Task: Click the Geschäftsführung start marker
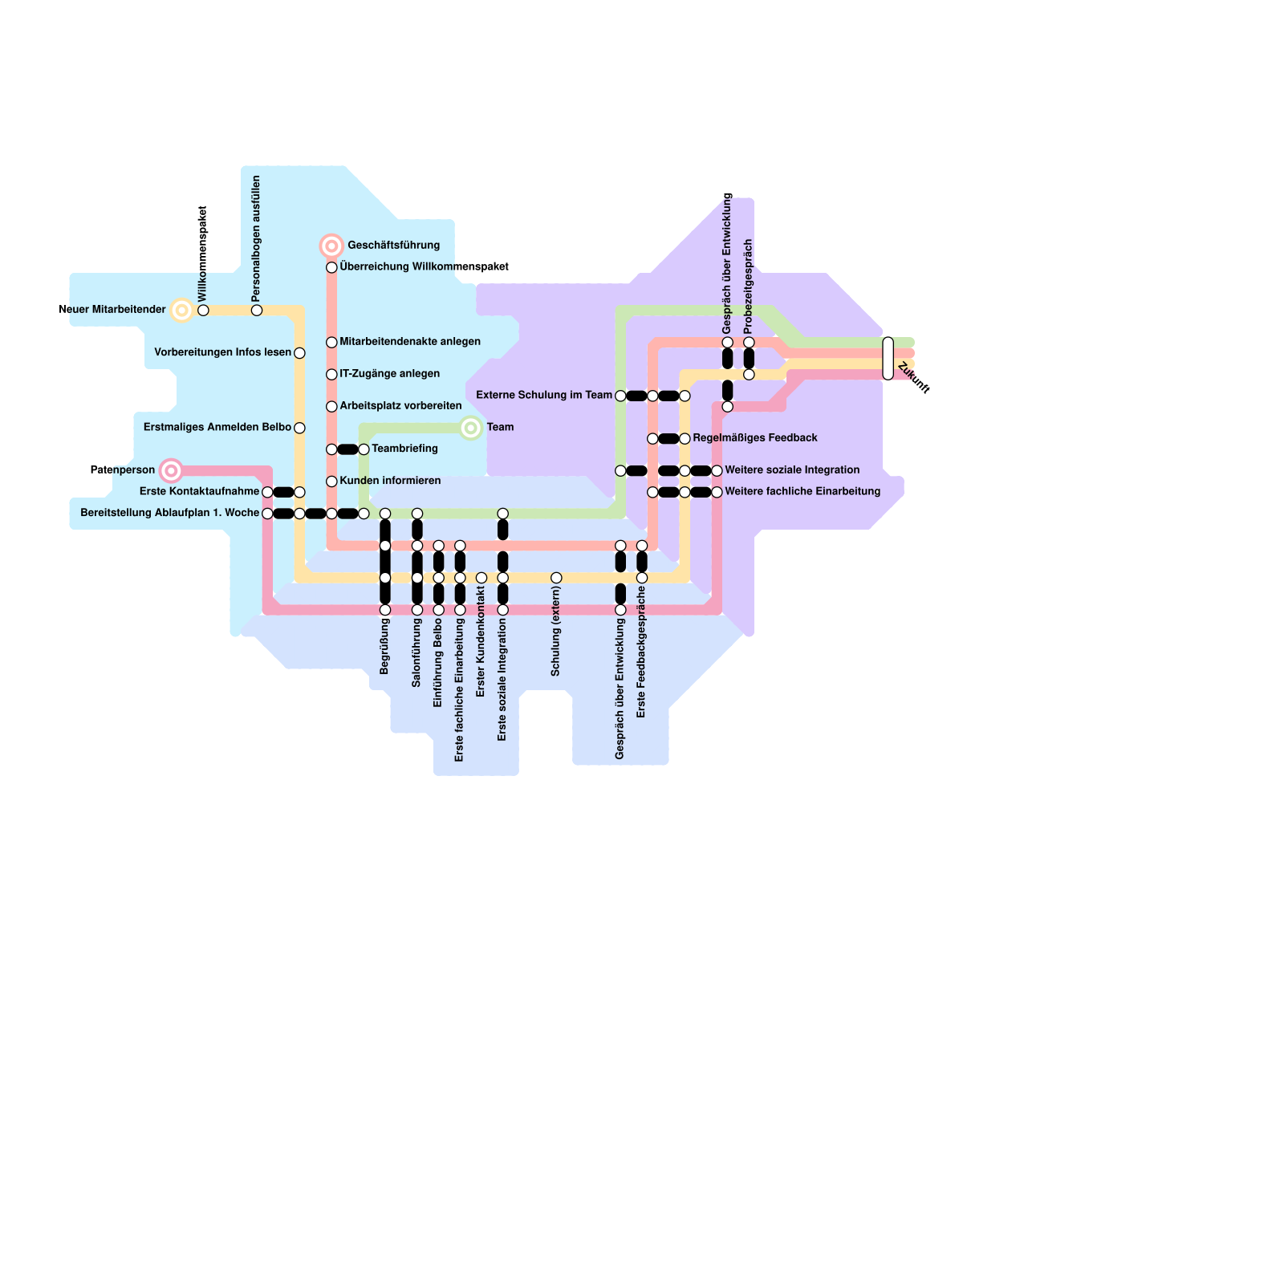[331, 246]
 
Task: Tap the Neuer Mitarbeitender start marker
[182, 311]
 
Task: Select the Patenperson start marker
[170, 470]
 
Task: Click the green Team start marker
[471, 428]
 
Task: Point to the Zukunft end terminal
[888, 358]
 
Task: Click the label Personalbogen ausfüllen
[256, 239]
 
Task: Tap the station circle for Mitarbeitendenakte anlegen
[331, 343]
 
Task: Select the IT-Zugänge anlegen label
[389, 374]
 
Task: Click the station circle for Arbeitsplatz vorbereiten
[331, 407]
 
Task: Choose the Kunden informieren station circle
[331, 481]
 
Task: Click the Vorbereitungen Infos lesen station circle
[299, 353]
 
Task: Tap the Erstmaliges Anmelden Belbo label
[217, 428]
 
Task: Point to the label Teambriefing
[404, 449]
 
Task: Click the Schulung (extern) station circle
[556, 578]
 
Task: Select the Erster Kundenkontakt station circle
[481, 578]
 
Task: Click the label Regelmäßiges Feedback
[754, 438]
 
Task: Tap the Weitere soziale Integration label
[791, 470]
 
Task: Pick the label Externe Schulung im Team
[543, 395]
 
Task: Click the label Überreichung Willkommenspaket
[424, 267]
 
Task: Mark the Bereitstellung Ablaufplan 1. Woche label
[169, 513]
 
